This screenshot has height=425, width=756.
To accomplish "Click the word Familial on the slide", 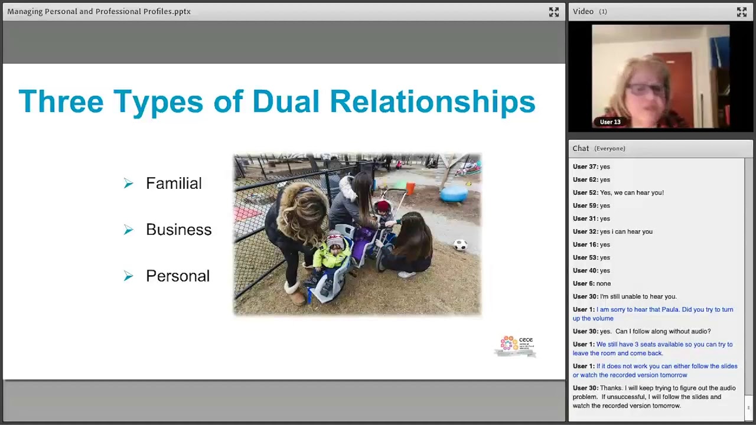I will [174, 184].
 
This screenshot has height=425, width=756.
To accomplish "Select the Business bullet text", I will [178, 230].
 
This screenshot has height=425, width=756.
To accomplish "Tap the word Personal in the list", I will [177, 276].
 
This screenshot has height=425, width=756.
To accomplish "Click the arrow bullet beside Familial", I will [129, 184].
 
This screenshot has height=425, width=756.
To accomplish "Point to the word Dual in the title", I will [286, 102].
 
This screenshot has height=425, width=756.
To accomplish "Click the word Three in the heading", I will [61, 102].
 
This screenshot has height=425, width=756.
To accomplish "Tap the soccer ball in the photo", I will [460, 245].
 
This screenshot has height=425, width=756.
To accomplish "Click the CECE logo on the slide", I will [516, 346].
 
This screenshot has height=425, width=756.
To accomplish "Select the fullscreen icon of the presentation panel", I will [553, 12].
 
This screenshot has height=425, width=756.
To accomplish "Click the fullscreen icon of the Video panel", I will [741, 12].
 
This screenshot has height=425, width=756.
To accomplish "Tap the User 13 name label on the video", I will [610, 122].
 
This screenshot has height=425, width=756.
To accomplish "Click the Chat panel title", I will [581, 149].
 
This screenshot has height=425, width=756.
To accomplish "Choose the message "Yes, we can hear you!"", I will [631, 192].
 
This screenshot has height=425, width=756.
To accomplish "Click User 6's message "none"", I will [603, 283].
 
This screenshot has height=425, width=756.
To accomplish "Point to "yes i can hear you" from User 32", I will [625, 231].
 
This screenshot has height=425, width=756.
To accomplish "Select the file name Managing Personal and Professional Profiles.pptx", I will [99, 11].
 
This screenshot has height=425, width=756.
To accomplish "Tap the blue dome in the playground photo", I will [454, 192].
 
